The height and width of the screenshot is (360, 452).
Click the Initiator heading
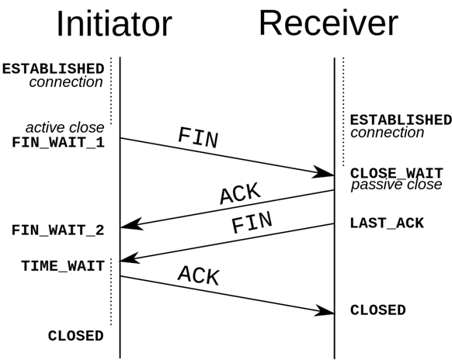(114, 24)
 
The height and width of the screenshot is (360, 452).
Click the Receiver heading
(329, 23)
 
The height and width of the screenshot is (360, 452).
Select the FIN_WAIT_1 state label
(58, 143)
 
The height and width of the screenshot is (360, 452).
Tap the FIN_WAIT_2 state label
(58, 230)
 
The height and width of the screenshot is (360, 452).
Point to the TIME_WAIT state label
(63, 266)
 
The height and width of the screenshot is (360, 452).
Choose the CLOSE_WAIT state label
(397, 173)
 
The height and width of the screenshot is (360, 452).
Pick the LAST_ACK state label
(387, 223)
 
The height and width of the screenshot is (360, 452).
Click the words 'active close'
(65, 127)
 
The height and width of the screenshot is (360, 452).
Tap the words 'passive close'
(396, 185)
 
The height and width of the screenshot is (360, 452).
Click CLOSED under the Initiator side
(76, 336)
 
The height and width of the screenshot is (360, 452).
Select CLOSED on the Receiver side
(378, 310)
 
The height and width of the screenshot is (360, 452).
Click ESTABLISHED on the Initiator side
(54, 69)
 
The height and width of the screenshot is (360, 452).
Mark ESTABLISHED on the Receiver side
(401, 119)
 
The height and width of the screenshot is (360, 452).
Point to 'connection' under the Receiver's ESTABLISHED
(387, 133)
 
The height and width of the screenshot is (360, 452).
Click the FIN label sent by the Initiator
(198, 137)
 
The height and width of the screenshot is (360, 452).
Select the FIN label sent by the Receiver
(252, 222)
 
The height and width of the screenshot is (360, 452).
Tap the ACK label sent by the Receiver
(241, 193)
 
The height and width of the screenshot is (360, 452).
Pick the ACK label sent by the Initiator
(199, 275)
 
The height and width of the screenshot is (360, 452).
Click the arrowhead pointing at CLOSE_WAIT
(323, 172)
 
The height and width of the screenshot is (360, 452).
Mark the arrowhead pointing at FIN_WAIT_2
(131, 224)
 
